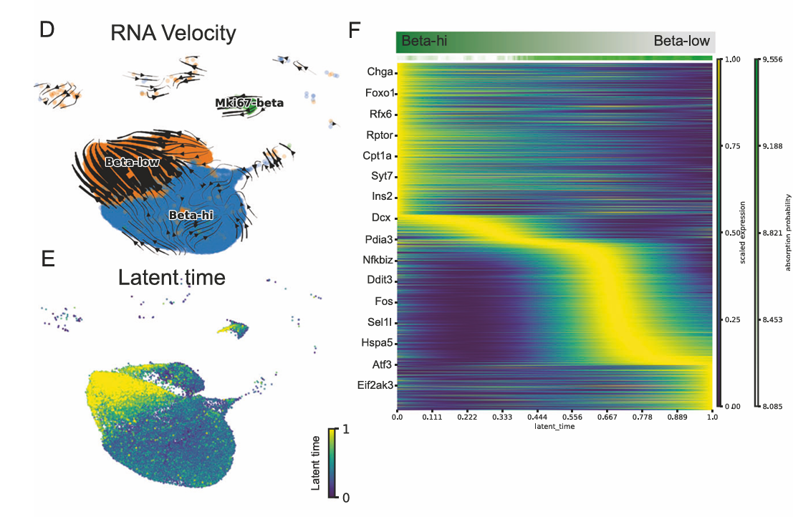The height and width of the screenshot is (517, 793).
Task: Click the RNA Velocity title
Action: pyautogui.click(x=173, y=33)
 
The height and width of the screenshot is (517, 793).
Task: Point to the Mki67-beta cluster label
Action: pyautogui.click(x=249, y=103)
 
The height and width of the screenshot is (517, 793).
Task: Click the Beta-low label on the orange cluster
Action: pyautogui.click(x=131, y=163)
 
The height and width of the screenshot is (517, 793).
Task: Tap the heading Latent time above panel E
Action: pyautogui.click(x=172, y=277)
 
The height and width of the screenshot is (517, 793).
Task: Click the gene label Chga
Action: pyautogui.click(x=379, y=72)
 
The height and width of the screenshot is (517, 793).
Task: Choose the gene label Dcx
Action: pyautogui.click(x=380, y=218)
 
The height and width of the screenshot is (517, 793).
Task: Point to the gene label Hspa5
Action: pyautogui.click(x=376, y=344)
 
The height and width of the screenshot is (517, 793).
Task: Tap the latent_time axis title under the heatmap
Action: pyautogui.click(x=554, y=426)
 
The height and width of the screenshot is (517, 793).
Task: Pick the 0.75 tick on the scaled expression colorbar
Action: pyautogui.click(x=732, y=146)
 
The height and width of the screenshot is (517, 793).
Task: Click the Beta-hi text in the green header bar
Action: pyautogui.click(x=424, y=41)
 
